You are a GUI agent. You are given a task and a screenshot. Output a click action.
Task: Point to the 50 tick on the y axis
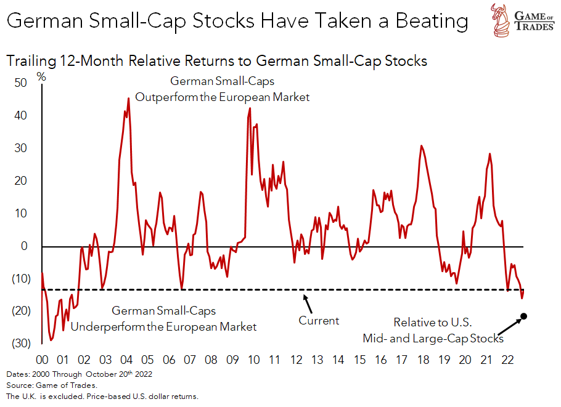tap(21, 83)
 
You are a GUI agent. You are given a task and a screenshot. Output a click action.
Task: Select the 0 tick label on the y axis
tap(25, 246)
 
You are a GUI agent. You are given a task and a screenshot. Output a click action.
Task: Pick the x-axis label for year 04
tap(126, 360)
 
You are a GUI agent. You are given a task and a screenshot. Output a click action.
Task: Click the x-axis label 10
tap(253, 360)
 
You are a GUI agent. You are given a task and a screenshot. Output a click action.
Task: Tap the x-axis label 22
tap(507, 360)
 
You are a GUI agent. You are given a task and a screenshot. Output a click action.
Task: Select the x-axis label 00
tap(43, 360)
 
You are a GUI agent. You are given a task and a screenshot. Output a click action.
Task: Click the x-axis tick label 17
tap(401, 360)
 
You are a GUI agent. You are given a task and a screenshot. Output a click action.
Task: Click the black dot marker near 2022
tap(524, 317)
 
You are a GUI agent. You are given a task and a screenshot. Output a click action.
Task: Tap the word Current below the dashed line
tap(319, 321)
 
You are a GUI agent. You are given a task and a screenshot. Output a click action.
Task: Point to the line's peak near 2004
tap(128, 99)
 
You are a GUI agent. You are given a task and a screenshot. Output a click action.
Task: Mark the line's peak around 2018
tap(421, 146)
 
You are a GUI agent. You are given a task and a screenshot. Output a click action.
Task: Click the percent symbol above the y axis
tap(41, 77)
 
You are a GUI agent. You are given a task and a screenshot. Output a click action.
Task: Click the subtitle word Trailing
tap(28, 62)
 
